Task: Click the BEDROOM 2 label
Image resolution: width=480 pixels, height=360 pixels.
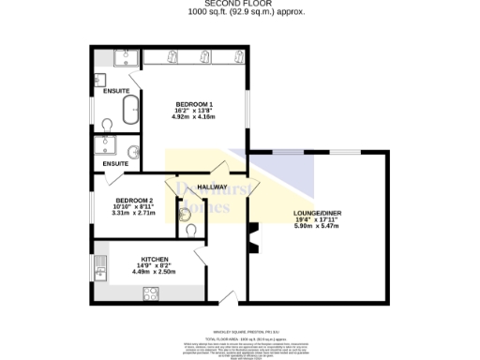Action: (134, 201)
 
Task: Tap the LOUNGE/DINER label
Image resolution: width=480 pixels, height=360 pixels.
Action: (318, 214)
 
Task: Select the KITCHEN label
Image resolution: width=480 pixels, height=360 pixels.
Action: (155, 259)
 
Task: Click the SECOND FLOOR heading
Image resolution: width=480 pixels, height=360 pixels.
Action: (240, 4)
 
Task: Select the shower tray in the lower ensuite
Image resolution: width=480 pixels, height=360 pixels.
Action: (105, 146)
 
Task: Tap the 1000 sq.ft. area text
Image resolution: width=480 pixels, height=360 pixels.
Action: (240, 13)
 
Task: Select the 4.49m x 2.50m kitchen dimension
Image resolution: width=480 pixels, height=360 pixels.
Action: (155, 273)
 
